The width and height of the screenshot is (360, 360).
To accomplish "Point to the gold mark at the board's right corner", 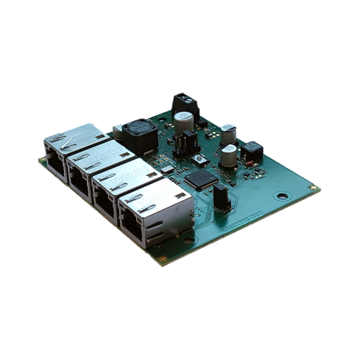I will point(315,189).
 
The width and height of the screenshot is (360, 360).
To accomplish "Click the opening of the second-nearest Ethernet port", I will point(106,197).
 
